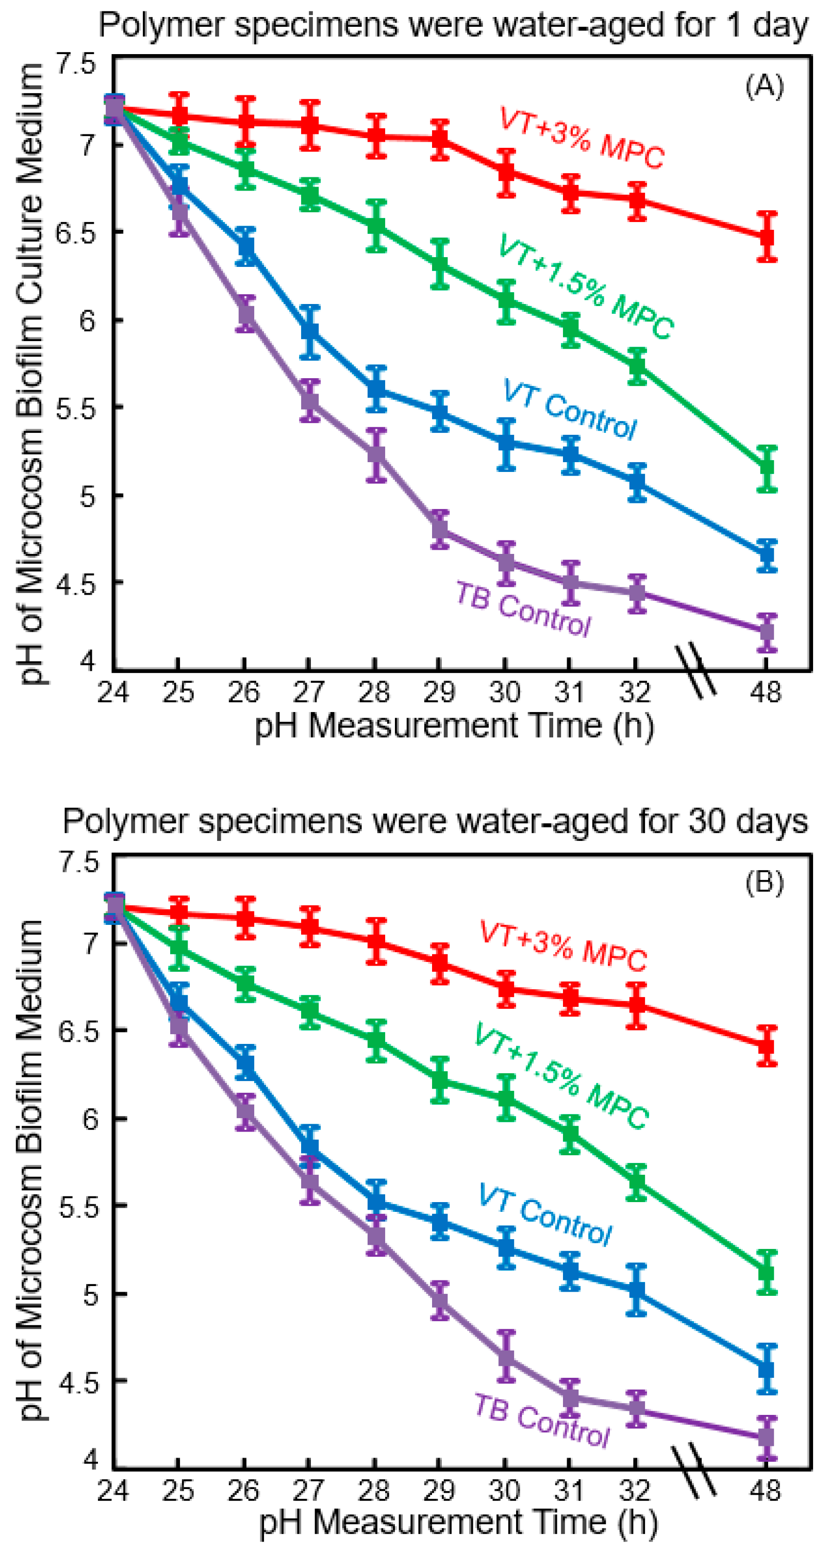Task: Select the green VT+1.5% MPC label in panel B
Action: click(x=561, y=1076)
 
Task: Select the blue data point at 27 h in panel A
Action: click(x=309, y=332)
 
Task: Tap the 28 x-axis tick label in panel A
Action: click(x=374, y=692)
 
